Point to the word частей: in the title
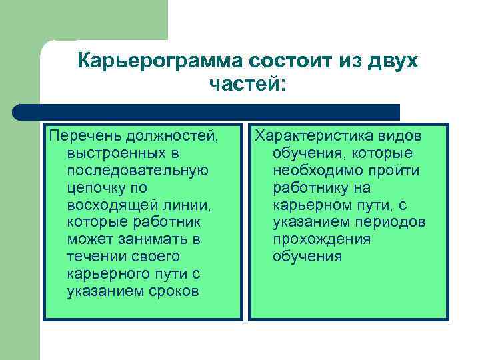(246, 85)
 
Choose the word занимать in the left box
(153, 239)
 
